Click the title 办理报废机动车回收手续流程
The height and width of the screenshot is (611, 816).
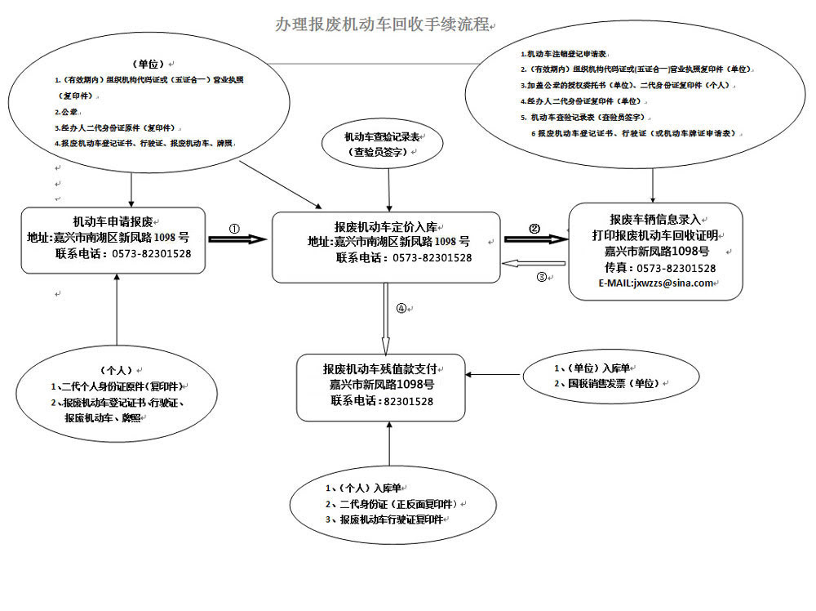(383, 25)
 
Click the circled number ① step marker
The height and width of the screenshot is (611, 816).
(234, 229)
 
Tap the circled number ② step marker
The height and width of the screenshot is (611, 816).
(534, 229)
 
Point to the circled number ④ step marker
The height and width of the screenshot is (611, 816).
(401, 309)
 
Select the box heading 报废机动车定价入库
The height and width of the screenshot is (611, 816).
(385, 226)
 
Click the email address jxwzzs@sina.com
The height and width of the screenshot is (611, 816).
(656, 283)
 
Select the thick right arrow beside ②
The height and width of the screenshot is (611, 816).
(534, 239)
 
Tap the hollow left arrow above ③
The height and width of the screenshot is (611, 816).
(534, 263)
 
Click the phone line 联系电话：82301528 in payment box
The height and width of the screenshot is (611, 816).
(382, 401)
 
